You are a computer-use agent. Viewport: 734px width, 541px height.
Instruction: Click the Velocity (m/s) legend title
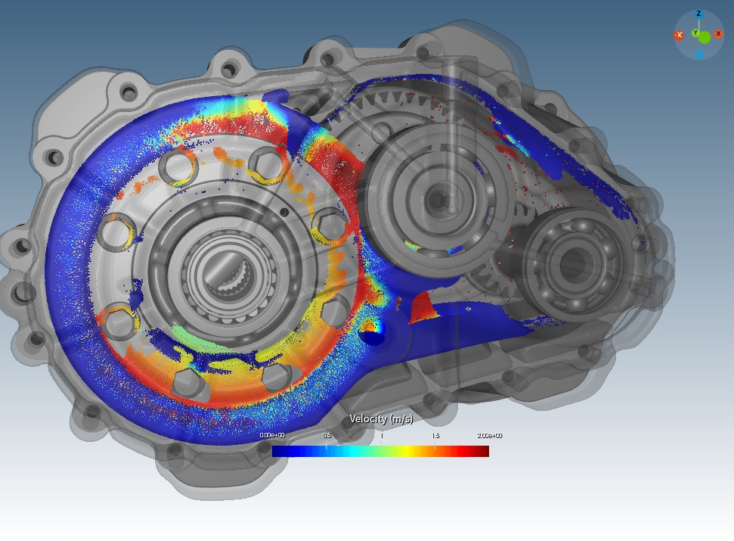click(x=381, y=419)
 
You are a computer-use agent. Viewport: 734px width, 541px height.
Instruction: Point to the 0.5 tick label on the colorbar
click(x=327, y=436)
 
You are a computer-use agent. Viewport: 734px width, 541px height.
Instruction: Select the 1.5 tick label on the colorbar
click(x=435, y=436)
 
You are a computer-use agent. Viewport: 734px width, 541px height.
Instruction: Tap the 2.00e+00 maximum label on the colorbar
click(x=489, y=436)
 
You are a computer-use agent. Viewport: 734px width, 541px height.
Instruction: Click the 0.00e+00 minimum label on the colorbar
click(x=272, y=436)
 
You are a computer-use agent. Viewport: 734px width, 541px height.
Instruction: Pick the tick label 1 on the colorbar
click(x=381, y=436)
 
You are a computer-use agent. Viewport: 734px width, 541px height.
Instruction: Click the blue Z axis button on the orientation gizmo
click(x=698, y=14)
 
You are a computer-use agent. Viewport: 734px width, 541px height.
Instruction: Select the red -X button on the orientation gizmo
click(x=679, y=35)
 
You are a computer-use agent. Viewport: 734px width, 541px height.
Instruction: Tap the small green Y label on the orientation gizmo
click(x=695, y=33)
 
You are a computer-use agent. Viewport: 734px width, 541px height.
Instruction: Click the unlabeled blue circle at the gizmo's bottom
click(x=699, y=55)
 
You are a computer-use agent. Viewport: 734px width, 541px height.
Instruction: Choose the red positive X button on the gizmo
click(x=718, y=34)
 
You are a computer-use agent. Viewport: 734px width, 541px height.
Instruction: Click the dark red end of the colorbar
click(x=482, y=452)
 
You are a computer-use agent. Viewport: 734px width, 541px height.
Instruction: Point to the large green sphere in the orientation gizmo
click(x=705, y=37)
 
